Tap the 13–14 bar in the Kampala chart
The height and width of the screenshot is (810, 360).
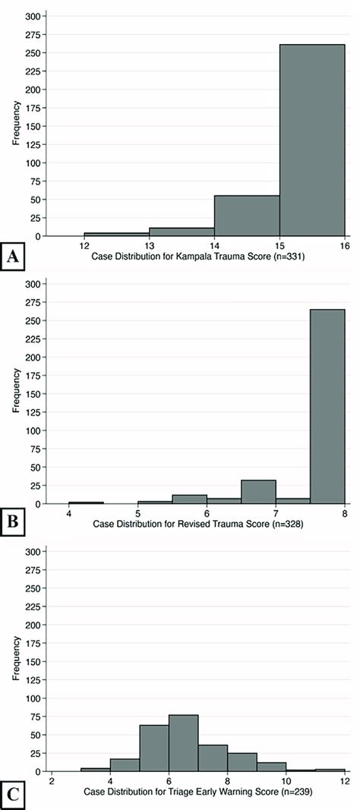pos(182,232)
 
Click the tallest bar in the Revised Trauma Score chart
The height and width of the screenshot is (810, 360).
pos(327,406)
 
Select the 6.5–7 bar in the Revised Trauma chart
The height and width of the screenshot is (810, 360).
pos(258,491)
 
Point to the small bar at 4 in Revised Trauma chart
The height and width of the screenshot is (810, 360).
pos(86,503)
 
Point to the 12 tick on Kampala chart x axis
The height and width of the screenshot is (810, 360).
pos(84,245)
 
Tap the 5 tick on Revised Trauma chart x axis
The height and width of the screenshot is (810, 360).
pos(137,512)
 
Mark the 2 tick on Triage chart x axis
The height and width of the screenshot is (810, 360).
pos(52,781)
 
